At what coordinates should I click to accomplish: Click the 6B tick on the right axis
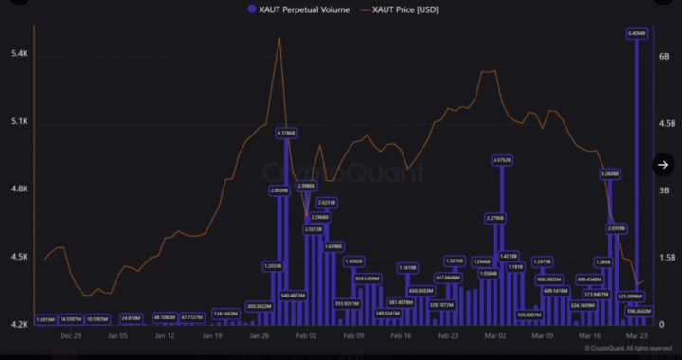pos(664,55)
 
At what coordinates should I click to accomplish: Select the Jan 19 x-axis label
pos(211,335)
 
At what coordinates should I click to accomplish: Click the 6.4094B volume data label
pos(637,33)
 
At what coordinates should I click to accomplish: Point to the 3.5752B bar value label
pos(502,160)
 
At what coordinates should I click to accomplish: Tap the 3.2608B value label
pos(610,174)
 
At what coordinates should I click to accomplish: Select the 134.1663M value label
pos(225,314)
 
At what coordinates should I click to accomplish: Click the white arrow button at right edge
pos(664,165)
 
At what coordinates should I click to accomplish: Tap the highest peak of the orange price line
pos(279,38)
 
